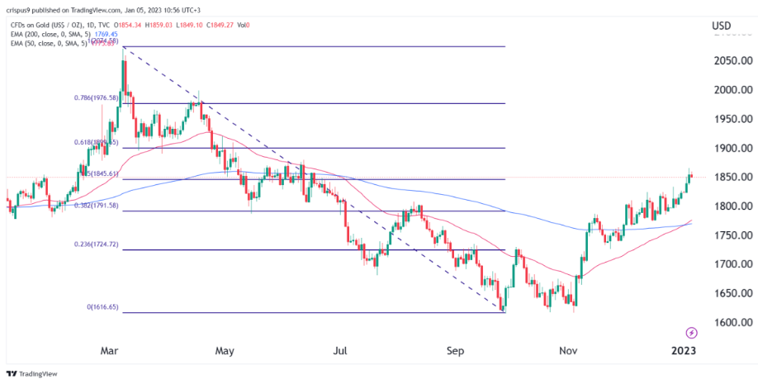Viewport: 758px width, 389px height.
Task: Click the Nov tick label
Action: pyautogui.click(x=568, y=350)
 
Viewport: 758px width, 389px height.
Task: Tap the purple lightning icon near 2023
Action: pyautogui.click(x=691, y=332)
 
